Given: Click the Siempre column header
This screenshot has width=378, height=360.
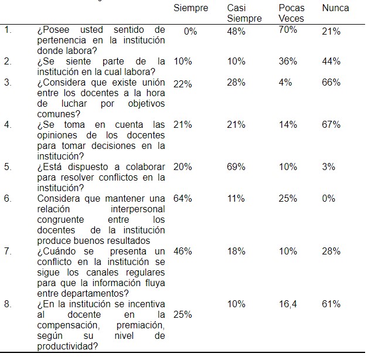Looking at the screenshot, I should [x=191, y=8].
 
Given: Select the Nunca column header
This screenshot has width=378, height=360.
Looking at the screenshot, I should [x=335, y=8].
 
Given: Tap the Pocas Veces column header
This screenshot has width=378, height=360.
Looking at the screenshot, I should [x=291, y=13].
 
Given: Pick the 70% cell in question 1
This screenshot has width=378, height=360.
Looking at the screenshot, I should [x=288, y=30].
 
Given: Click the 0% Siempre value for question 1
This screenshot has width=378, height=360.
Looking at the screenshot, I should [x=190, y=31].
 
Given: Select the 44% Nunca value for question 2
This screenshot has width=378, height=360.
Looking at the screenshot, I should [x=331, y=62].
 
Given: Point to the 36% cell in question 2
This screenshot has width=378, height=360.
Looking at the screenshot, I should [x=288, y=62].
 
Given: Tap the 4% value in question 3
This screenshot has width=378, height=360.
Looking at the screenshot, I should [x=285, y=83].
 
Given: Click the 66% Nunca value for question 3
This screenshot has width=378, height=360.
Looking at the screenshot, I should [x=331, y=83].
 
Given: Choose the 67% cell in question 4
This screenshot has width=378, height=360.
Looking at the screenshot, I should [x=331, y=124].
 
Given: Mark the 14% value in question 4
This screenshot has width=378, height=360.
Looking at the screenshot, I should [x=288, y=124].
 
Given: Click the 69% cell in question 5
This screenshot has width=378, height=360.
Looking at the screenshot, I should [x=236, y=167].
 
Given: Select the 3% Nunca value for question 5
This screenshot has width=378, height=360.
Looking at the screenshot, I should [x=329, y=167].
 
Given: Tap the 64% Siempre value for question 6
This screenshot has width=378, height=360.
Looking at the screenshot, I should [x=183, y=198].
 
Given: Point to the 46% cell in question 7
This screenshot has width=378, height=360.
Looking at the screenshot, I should [x=183, y=251].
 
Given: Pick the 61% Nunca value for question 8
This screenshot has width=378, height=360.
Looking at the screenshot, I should [x=331, y=304].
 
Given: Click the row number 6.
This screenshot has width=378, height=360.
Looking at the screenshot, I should [x=8, y=198].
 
